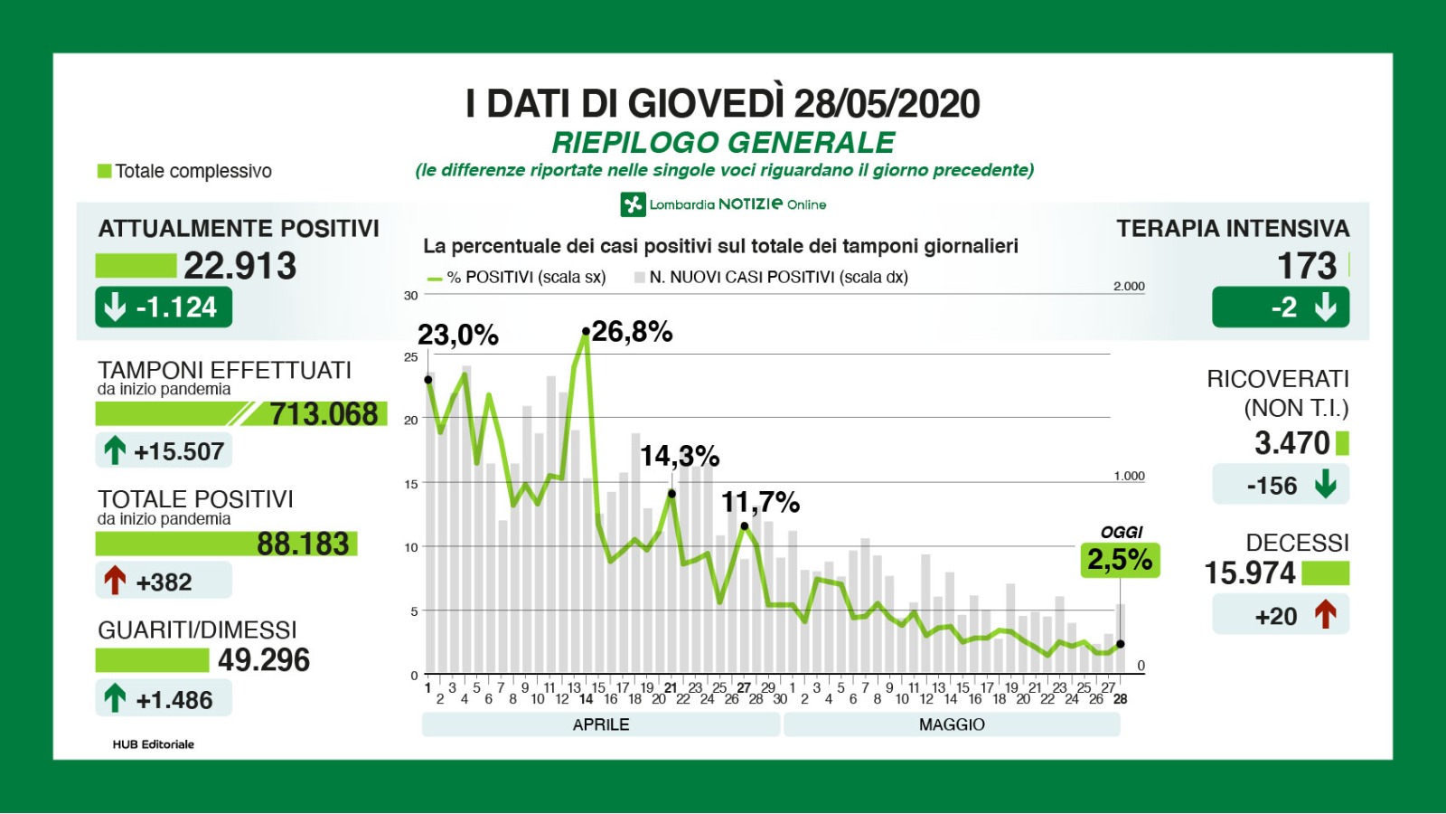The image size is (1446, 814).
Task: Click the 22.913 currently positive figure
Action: pyautogui.click(x=239, y=266)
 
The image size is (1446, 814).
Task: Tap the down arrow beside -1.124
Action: pyautogui.click(x=115, y=308)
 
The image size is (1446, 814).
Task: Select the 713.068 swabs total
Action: pyautogui.click(x=324, y=414)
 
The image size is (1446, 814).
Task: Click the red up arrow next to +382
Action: pyautogui.click(x=115, y=581)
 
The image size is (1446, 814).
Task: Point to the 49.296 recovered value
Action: pyautogui.click(x=264, y=660)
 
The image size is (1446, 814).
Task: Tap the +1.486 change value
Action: pyautogui.click(x=174, y=700)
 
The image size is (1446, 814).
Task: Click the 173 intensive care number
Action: pyautogui.click(x=1306, y=266)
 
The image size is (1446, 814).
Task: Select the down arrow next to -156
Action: pyautogui.click(x=1326, y=485)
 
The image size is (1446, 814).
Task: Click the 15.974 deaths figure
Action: pyautogui.click(x=1250, y=573)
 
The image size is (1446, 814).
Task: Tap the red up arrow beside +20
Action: pyautogui.click(x=1326, y=615)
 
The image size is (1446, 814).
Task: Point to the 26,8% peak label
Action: pyautogui.click(x=632, y=332)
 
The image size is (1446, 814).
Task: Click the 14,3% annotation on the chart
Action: pyautogui.click(x=680, y=456)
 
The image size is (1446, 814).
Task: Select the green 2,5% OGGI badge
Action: pyautogui.click(x=1120, y=560)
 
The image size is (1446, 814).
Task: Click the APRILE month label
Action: pyautogui.click(x=601, y=724)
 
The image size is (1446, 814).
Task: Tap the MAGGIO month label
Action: pyautogui.click(x=952, y=724)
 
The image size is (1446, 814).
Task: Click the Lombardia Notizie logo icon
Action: pyautogui.click(x=633, y=204)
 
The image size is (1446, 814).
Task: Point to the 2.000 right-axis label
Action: pyautogui.click(x=1129, y=286)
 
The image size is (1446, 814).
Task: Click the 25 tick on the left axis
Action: pyautogui.click(x=411, y=357)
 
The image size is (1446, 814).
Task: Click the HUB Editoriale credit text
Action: pyautogui.click(x=154, y=744)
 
